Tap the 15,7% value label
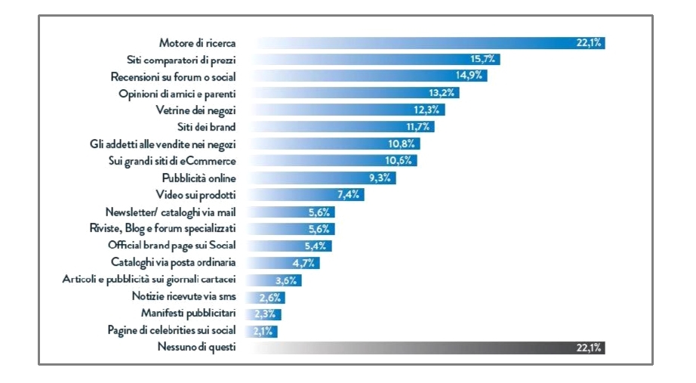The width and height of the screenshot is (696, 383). (x=484, y=60)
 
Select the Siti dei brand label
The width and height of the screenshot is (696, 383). (x=206, y=127)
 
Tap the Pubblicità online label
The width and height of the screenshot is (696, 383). (x=199, y=178)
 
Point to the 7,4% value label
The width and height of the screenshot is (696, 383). (x=349, y=195)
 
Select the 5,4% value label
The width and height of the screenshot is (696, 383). (x=316, y=246)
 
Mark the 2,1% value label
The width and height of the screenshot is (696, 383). (x=263, y=331)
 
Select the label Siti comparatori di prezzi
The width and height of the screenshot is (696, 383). (x=181, y=60)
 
